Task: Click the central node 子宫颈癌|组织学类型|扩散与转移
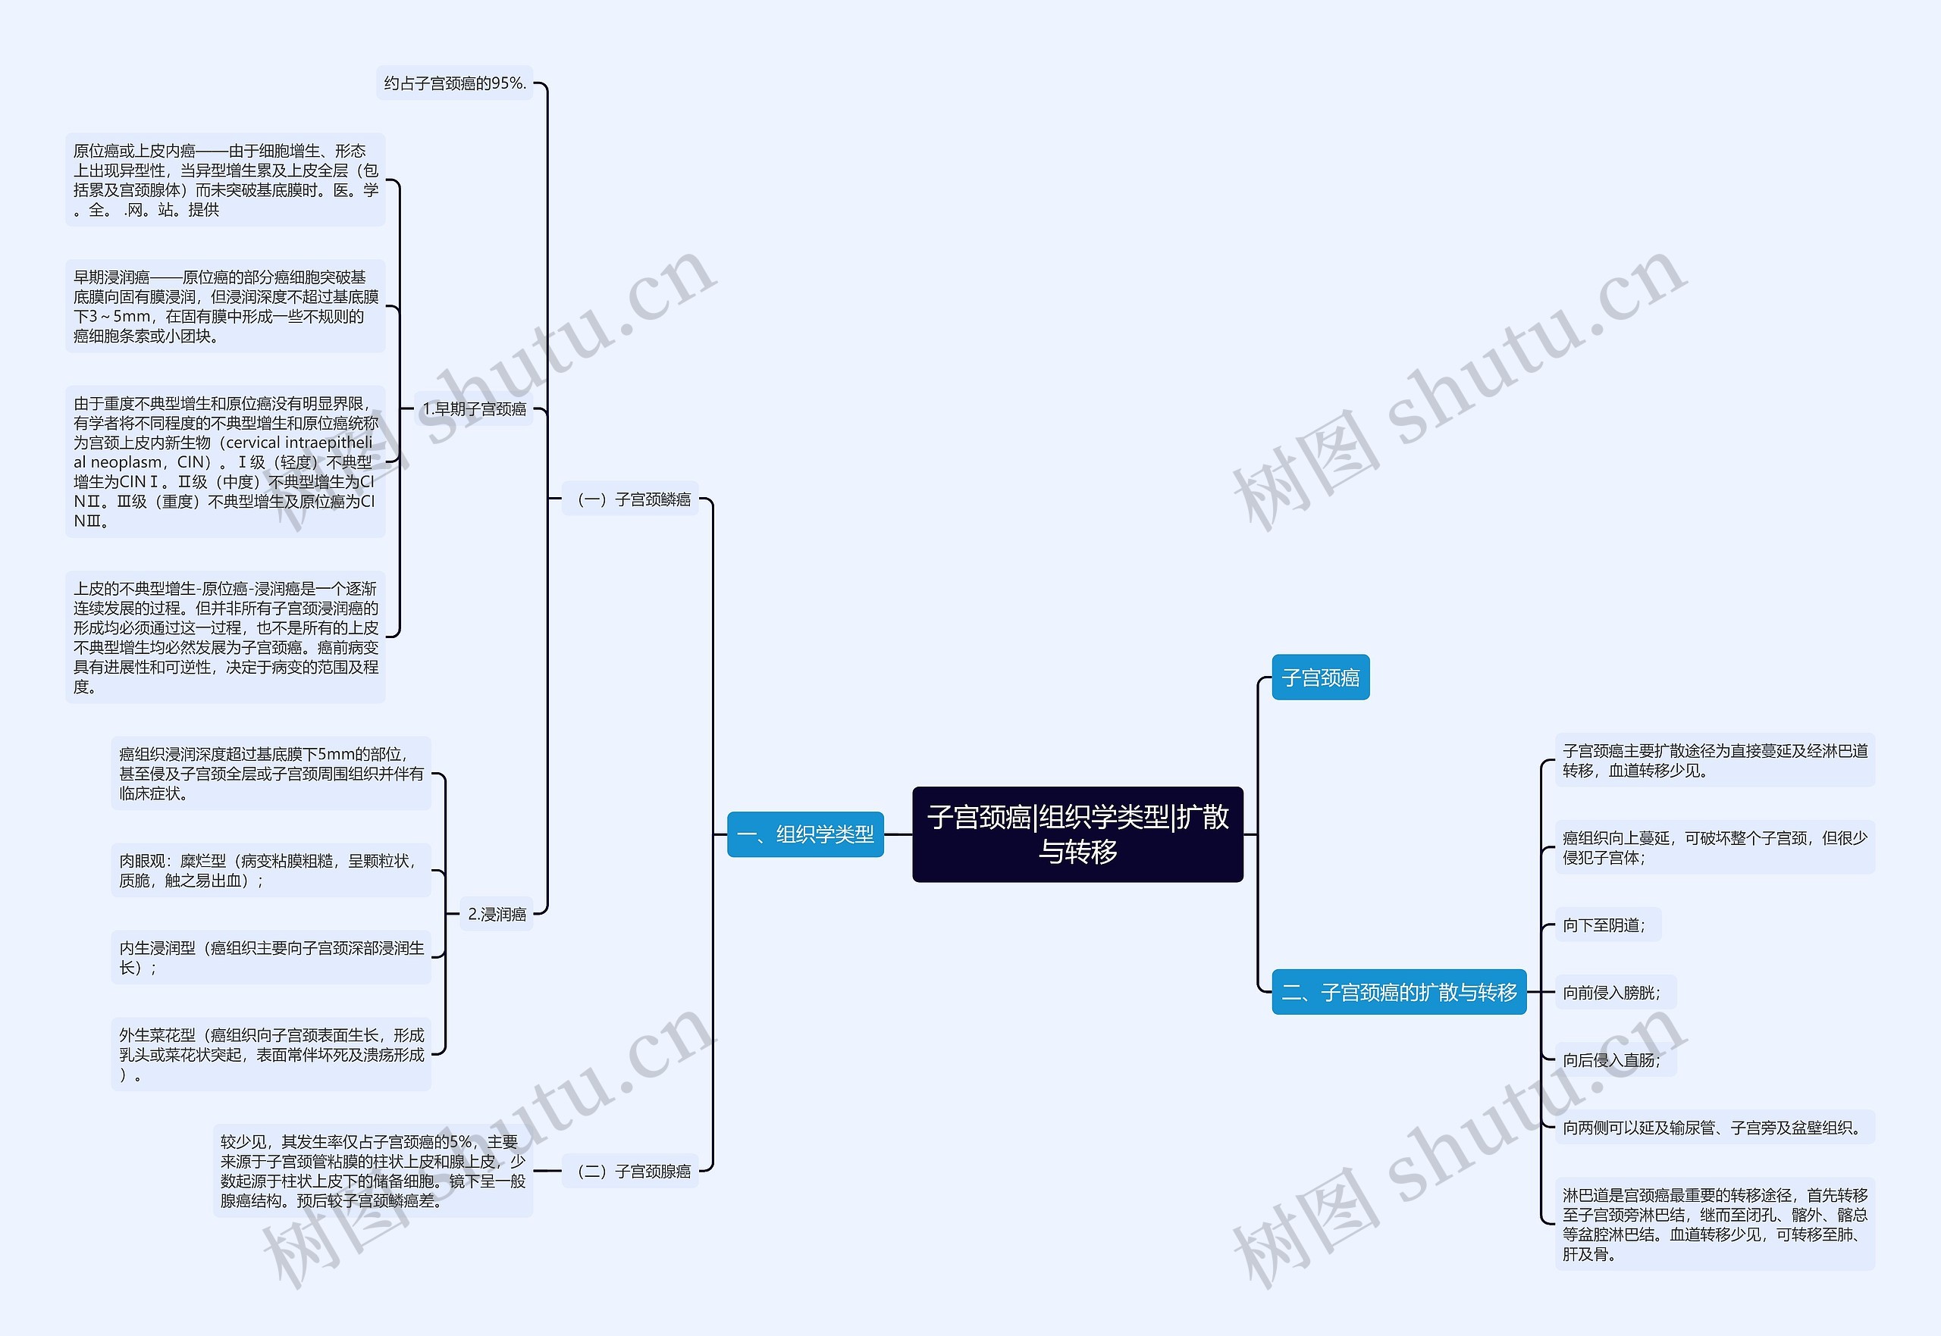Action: tap(1077, 834)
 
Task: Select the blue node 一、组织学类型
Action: tap(805, 834)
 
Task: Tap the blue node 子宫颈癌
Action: tap(1321, 677)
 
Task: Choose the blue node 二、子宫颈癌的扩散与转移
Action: tap(1399, 992)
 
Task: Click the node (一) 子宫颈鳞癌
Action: tap(630, 499)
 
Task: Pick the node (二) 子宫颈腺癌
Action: tap(630, 1171)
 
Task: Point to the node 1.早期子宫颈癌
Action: tap(474, 408)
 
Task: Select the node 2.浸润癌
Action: tap(497, 914)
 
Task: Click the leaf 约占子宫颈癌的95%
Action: tap(455, 83)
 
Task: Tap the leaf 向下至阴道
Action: tap(1607, 925)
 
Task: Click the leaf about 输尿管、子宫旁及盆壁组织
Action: tap(1715, 1128)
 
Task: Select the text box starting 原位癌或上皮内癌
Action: tap(225, 180)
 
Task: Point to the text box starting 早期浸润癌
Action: tap(225, 306)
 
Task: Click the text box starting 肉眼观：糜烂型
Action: tap(271, 871)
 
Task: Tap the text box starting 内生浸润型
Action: tap(271, 958)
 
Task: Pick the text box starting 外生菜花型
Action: tap(271, 1055)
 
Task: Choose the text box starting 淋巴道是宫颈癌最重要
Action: tap(1715, 1224)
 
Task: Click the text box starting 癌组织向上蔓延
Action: tap(1715, 847)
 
